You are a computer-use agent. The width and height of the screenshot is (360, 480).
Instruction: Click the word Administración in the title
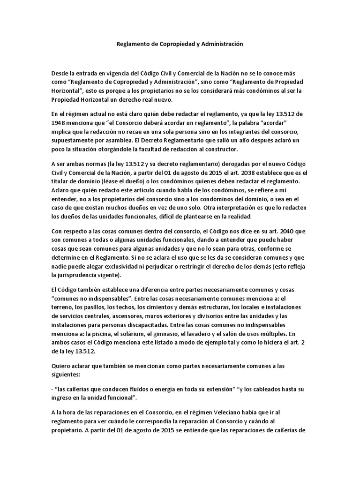pos(222,43)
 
